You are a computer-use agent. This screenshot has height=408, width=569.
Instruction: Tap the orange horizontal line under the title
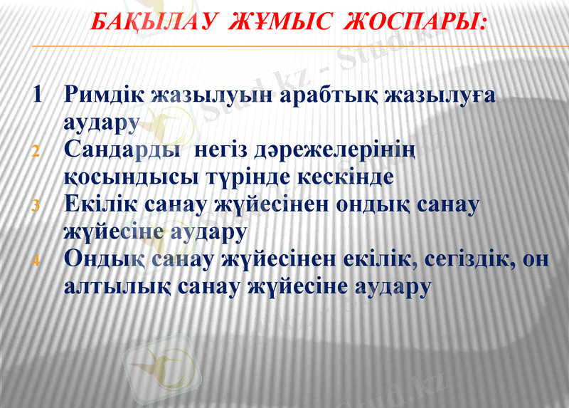click(284, 47)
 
